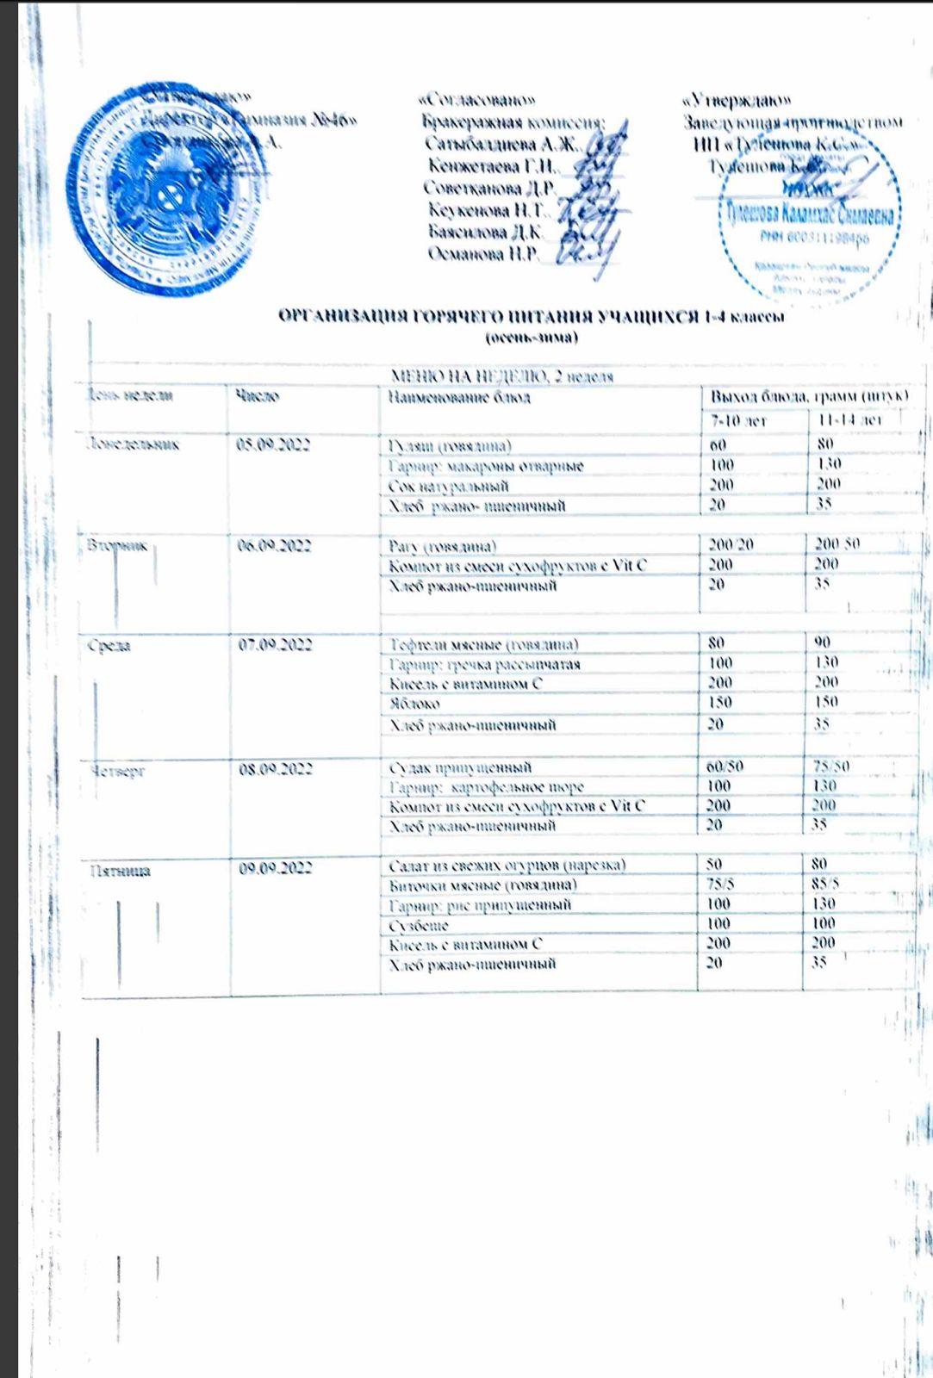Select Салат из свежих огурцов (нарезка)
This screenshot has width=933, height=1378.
(507, 865)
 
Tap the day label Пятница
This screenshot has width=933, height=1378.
(121, 871)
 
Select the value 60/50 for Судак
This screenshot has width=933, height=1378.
(724, 767)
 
